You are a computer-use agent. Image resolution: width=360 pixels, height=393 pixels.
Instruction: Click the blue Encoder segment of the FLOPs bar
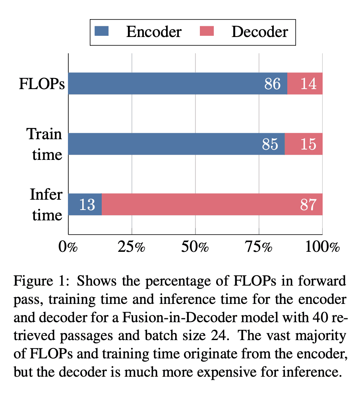(167, 84)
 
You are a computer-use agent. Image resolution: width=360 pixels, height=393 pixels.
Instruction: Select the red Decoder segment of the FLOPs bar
(305, 84)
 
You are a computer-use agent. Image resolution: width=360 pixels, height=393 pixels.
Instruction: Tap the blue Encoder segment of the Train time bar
(167, 144)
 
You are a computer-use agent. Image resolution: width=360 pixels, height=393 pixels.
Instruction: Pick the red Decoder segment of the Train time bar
(304, 144)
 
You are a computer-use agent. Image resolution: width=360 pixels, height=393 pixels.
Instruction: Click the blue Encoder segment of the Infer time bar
(85, 204)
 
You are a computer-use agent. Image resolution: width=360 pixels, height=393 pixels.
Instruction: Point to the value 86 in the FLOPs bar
(272, 84)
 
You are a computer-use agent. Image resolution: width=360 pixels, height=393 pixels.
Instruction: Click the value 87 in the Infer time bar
(308, 205)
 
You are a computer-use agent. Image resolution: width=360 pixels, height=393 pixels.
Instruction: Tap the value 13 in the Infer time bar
(87, 205)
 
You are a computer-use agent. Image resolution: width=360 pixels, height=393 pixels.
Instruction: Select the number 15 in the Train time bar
(308, 144)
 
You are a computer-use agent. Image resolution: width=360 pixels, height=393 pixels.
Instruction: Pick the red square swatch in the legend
(208, 31)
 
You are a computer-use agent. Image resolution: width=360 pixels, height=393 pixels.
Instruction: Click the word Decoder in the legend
(259, 31)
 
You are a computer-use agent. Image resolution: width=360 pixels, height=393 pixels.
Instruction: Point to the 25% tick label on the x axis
(132, 247)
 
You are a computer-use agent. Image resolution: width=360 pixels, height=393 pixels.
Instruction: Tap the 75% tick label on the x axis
(259, 247)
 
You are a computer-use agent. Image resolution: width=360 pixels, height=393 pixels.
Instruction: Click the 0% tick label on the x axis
(68, 247)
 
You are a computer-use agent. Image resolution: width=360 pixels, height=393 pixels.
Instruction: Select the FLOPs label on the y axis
(42, 84)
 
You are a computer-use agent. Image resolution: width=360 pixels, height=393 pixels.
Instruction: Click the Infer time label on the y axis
(46, 205)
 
